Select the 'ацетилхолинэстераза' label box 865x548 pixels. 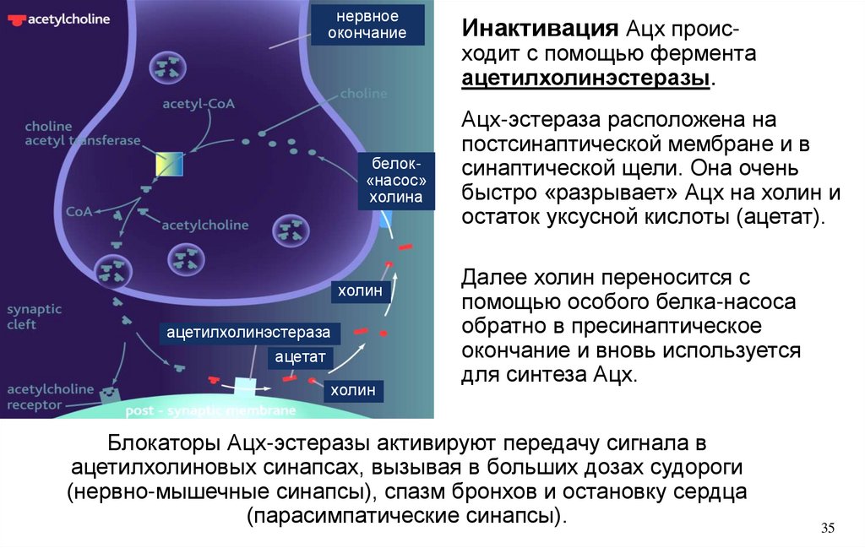point(248,333)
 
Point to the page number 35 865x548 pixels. point(827,529)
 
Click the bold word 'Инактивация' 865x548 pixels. point(539,30)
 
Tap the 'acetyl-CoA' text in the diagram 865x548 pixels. point(199,104)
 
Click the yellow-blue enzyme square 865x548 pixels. point(168,164)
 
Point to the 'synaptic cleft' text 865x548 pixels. point(34,317)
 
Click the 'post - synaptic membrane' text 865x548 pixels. point(210,411)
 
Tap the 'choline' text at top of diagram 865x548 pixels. point(364,94)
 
